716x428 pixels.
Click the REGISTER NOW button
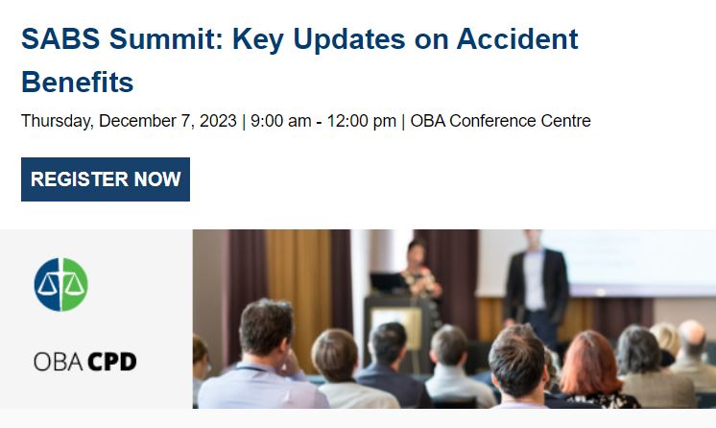click(x=106, y=179)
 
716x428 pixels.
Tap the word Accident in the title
click(x=517, y=39)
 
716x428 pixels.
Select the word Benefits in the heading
click(x=77, y=83)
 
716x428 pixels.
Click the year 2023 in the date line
click(x=219, y=121)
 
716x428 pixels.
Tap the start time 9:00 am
click(x=280, y=121)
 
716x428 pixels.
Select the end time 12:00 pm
click(x=361, y=121)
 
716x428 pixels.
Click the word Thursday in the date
click(x=57, y=121)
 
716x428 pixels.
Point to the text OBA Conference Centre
click(x=500, y=121)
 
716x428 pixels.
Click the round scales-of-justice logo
click(x=60, y=284)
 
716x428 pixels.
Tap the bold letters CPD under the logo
click(x=112, y=362)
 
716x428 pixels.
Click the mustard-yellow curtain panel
click(x=298, y=278)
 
